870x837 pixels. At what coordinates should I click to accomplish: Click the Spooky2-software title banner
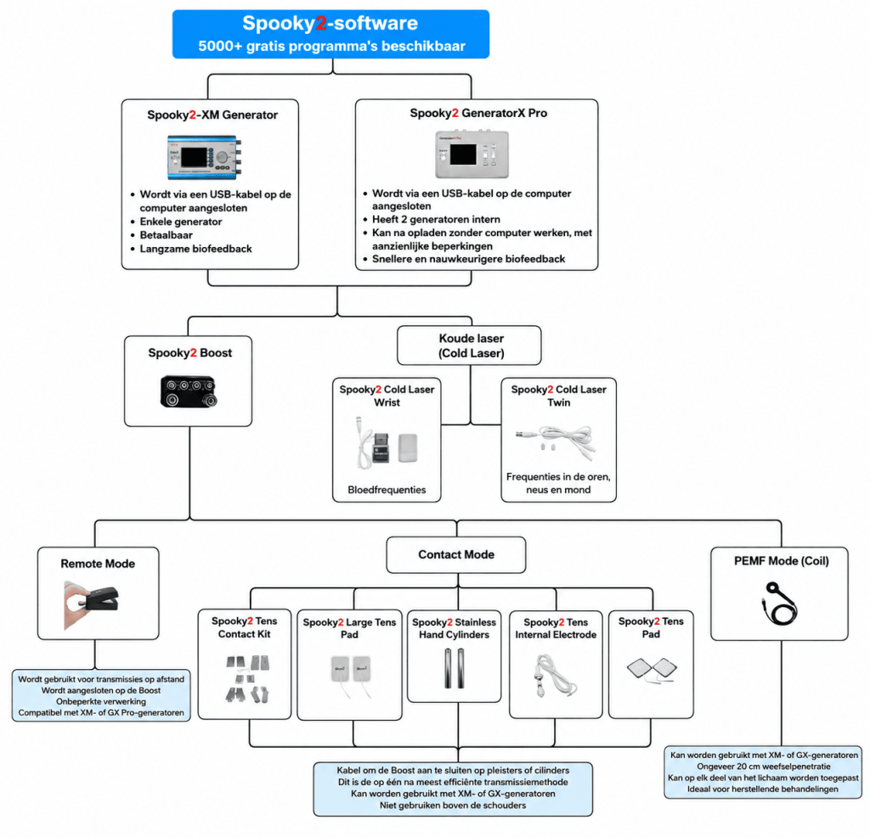(x=330, y=34)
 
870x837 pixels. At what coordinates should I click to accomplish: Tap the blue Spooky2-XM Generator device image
(x=204, y=157)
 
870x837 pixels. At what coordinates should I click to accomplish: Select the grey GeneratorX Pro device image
(x=472, y=154)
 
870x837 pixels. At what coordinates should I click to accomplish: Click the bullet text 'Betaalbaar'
(x=166, y=235)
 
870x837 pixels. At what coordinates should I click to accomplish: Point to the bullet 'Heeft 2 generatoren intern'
(x=436, y=220)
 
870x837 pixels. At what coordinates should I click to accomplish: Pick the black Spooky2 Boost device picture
(x=189, y=391)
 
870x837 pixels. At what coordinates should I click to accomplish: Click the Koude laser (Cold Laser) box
(x=469, y=345)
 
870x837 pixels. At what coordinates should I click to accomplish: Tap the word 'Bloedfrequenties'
(x=387, y=490)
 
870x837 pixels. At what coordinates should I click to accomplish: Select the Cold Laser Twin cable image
(x=556, y=441)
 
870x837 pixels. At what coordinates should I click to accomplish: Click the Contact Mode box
(x=456, y=555)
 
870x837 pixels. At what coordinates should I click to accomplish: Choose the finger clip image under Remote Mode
(x=91, y=604)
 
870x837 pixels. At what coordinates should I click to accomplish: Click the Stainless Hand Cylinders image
(x=454, y=668)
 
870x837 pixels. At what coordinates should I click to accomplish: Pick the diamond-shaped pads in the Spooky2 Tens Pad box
(x=652, y=669)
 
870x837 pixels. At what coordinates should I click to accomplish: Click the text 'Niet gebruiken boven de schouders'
(x=453, y=806)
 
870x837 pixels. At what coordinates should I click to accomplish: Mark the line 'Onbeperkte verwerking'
(x=101, y=702)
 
